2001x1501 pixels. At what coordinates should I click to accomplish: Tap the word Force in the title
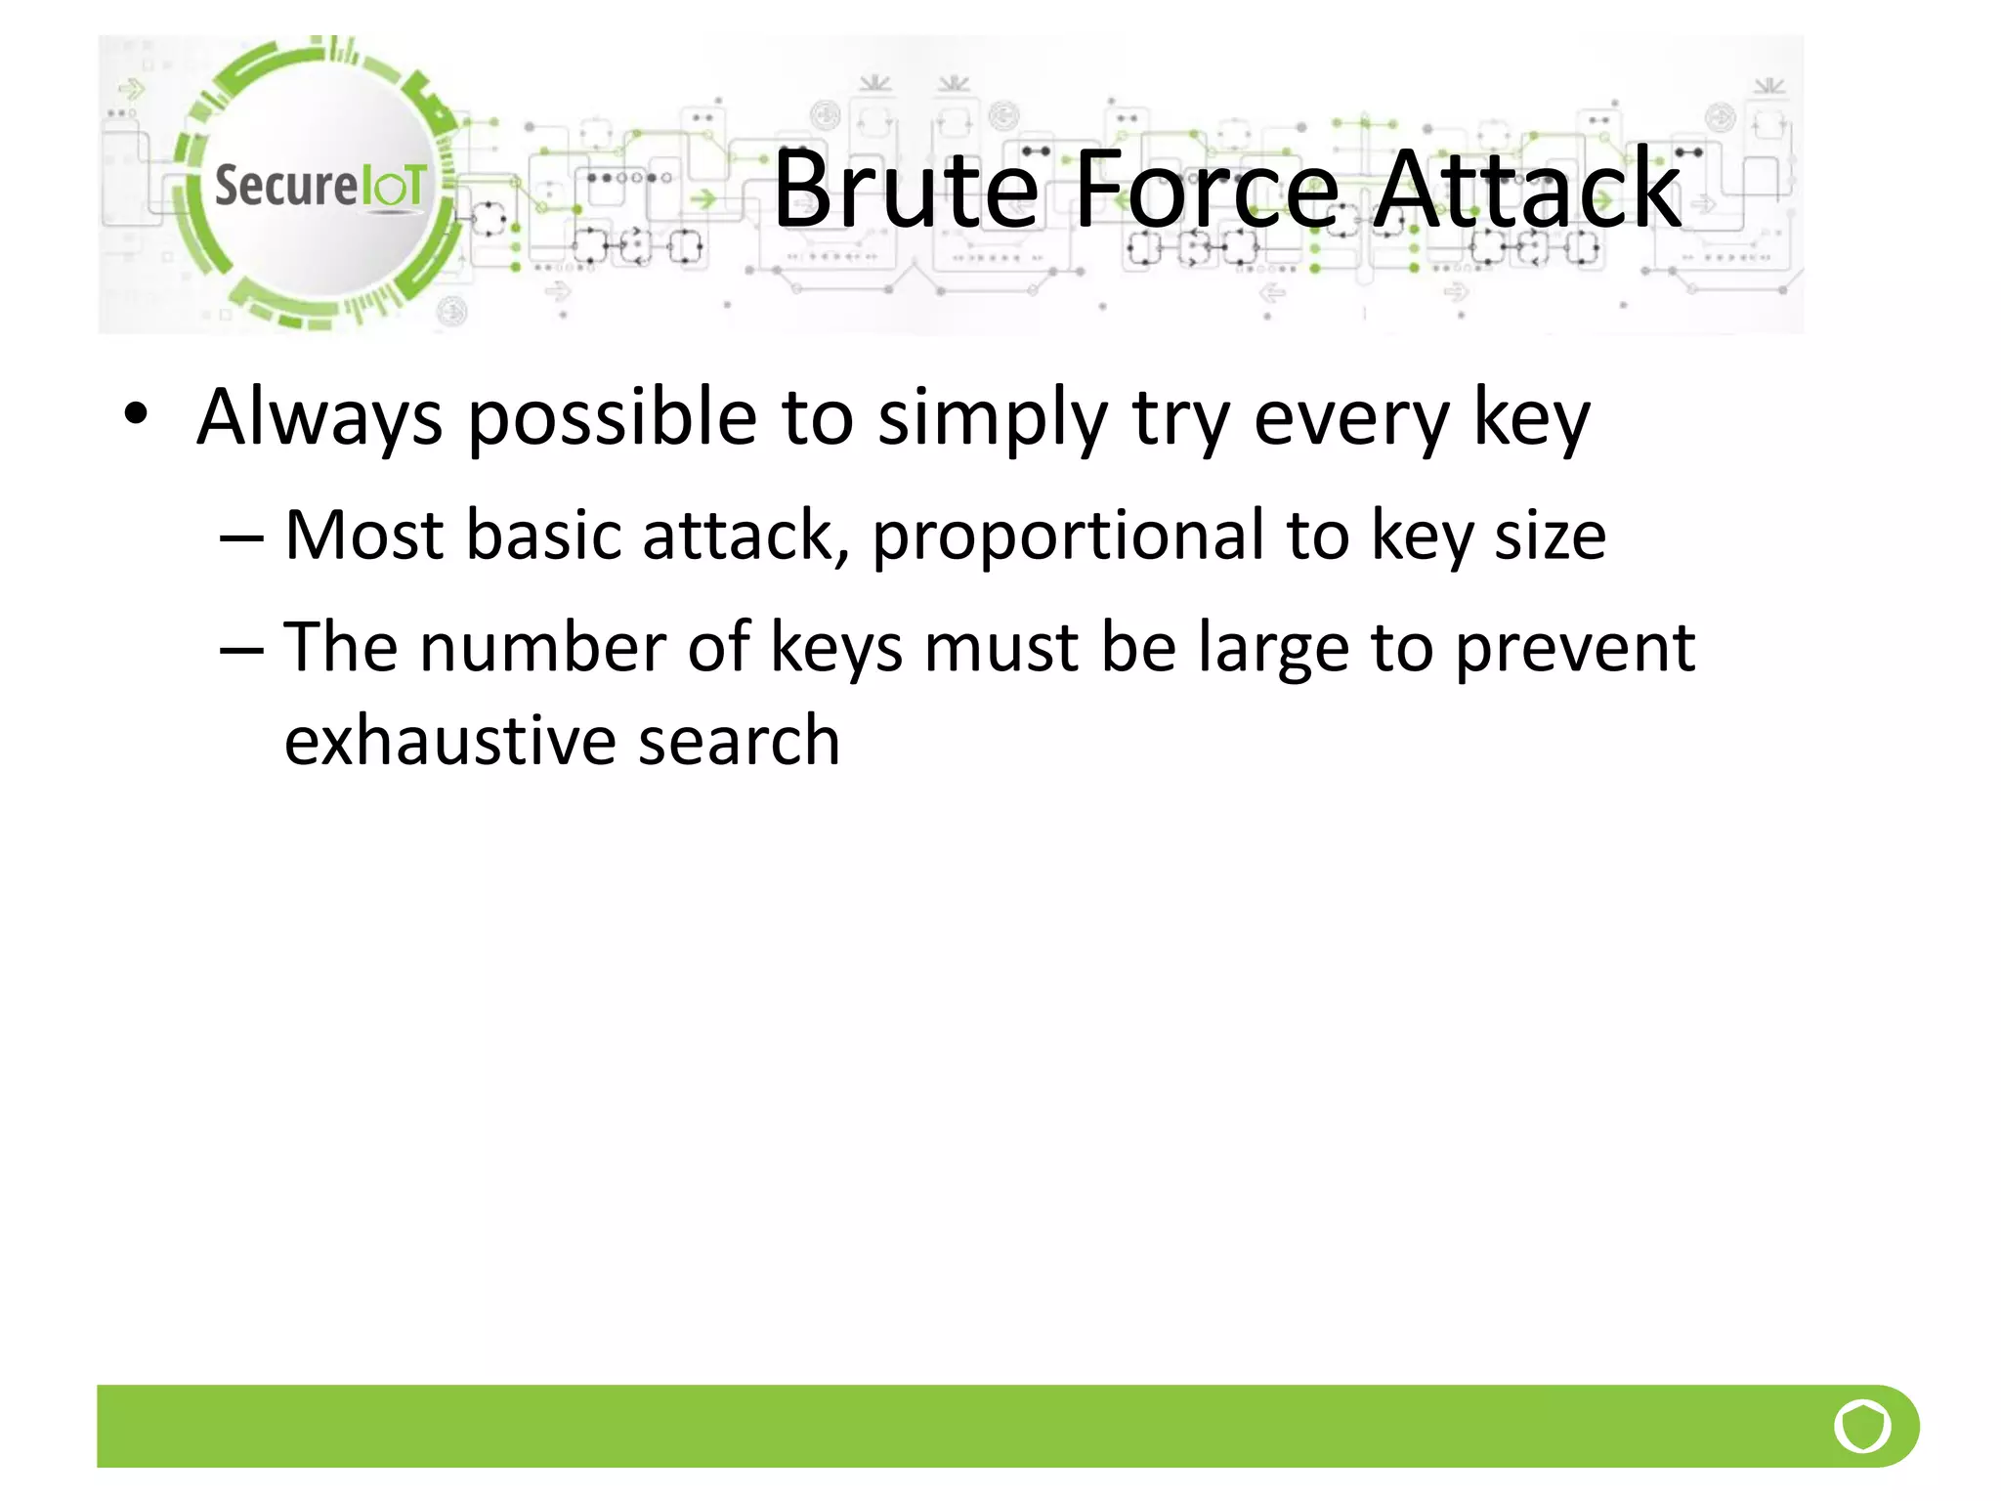click(1208, 190)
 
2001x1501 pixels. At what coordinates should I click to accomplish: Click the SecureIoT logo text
click(319, 186)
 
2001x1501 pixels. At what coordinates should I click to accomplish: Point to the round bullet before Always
click(136, 414)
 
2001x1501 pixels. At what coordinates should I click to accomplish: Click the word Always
click(319, 418)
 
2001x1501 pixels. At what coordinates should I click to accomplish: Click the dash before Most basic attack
click(241, 538)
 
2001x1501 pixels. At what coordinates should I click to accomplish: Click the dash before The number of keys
click(241, 650)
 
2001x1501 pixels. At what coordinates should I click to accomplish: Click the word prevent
click(1575, 650)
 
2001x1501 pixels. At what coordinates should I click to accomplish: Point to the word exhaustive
click(449, 741)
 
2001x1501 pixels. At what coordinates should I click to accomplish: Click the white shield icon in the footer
click(1862, 1427)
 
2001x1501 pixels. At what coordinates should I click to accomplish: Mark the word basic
click(543, 536)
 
